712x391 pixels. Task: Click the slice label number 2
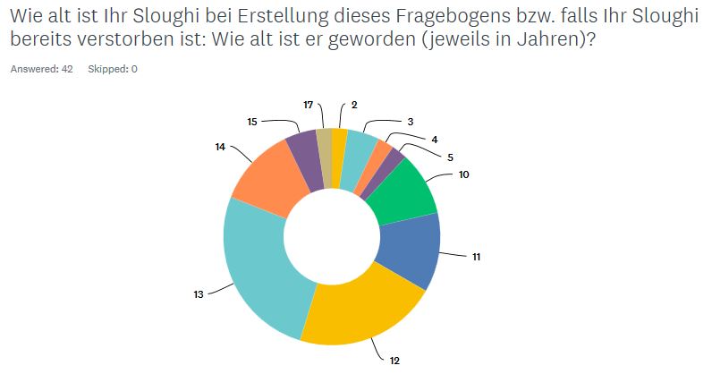tap(354, 105)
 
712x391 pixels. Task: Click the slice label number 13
tap(199, 293)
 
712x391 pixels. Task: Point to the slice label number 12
tap(394, 361)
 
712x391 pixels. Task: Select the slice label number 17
tap(309, 105)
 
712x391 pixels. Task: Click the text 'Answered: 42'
tap(41, 69)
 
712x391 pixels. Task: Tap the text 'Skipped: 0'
tap(113, 69)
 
